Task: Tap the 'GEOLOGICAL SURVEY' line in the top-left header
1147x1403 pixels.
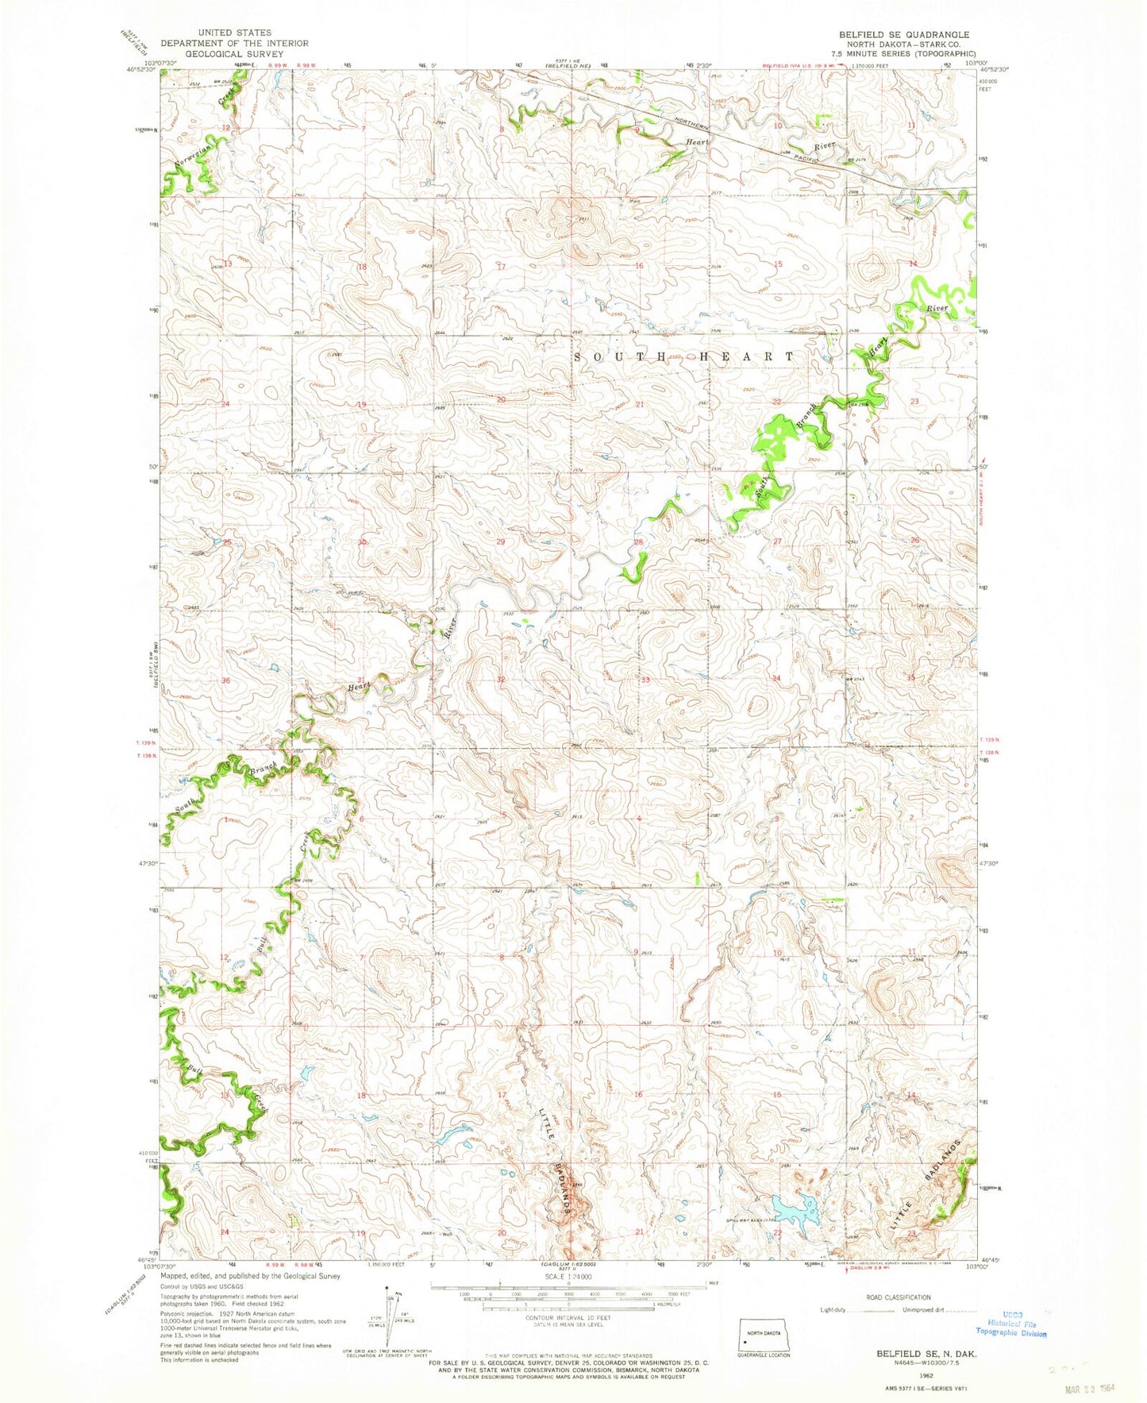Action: tap(234, 54)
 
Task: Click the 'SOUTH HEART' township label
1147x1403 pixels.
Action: tap(683, 357)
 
